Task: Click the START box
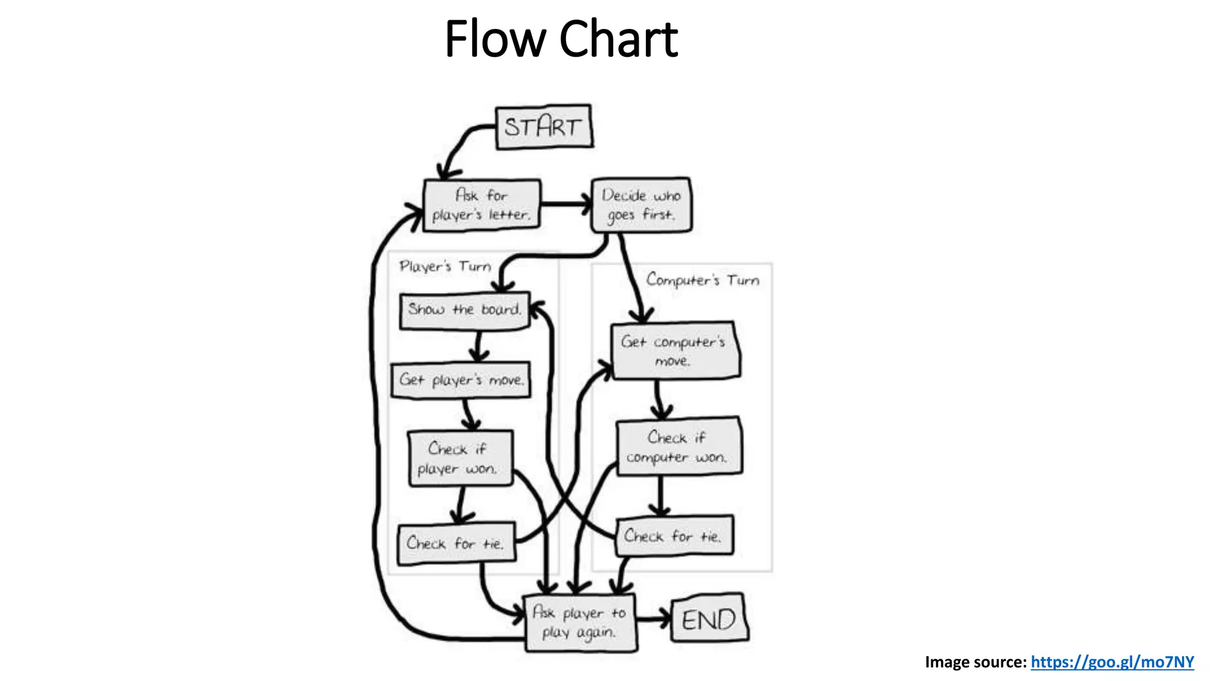pyautogui.click(x=544, y=127)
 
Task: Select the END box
pyautogui.click(x=709, y=619)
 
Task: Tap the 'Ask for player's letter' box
pyautogui.click(x=482, y=205)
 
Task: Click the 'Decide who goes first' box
pyautogui.click(x=641, y=205)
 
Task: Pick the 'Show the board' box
pyautogui.click(x=464, y=310)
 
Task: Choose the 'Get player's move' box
pyautogui.click(x=461, y=380)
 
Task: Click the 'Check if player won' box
pyautogui.click(x=460, y=459)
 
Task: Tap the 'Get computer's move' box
pyautogui.click(x=675, y=351)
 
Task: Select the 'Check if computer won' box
pyautogui.click(x=678, y=447)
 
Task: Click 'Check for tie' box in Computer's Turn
pyautogui.click(x=674, y=536)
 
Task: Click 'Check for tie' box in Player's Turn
pyautogui.click(x=456, y=543)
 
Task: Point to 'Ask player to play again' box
pyautogui.click(x=580, y=622)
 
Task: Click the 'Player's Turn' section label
pyautogui.click(x=445, y=267)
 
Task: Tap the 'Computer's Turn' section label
pyautogui.click(x=702, y=280)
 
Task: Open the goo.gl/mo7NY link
pyautogui.click(x=1112, y=662)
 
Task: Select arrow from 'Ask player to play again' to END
pyautogui.click(x=653, y=620)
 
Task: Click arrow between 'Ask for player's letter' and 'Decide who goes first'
pyautogui.click(x=565, y=205)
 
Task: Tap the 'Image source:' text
pyautogui.click(x=975, y=662)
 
